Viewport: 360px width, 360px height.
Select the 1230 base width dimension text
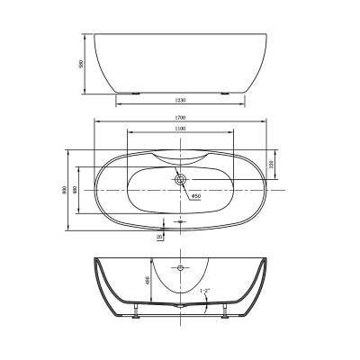(x=181, y=100)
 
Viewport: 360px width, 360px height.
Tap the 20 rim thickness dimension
(x=159, y=237)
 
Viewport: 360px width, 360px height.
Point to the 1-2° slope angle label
(x=206, y=291)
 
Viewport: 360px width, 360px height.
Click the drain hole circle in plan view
(x=181, y=180)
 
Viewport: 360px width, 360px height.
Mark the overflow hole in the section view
(x=181, y=267)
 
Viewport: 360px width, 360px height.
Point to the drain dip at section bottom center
(x=181, y=305)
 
